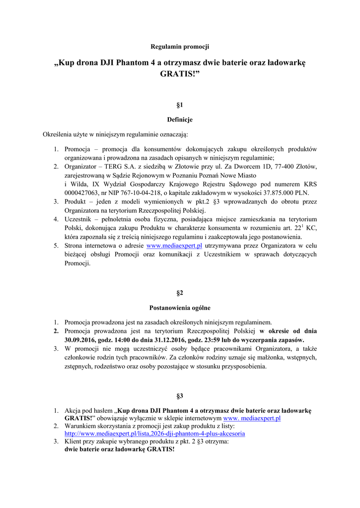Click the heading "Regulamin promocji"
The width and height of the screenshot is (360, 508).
[180, 47]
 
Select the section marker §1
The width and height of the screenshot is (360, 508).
[180, 105]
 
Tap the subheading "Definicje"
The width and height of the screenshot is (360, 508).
[180, 120]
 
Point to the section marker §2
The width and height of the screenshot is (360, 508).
[180, 293]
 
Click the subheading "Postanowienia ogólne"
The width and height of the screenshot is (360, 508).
[180, 308]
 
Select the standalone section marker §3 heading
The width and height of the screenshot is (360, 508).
[180, 396]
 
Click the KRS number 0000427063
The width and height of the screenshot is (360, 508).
[83, 192]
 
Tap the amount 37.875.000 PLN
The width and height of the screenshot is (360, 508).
[287, 192]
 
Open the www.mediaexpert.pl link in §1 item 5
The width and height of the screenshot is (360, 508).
[174, 246]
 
